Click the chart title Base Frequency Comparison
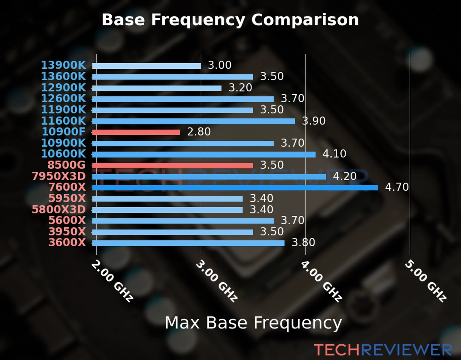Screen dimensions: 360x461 pyautogui.click(x=230, y=20)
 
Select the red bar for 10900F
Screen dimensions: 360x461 pyautogui.click(x=136, y=132)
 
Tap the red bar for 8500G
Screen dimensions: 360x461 pyautogui.click(x=172, y=166)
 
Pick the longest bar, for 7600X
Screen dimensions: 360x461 pyautogui.click(x=235, y=188)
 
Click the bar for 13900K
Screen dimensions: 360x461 pyautogui.click(x=146, y=66)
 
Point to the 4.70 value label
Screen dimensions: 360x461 pyautogui.click(x=397, y=187)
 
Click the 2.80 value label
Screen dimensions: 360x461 pyautogui.click(x=199, y=132)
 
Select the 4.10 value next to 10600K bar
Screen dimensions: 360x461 pyautogui.click(x=334, y=154)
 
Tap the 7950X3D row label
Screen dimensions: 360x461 pyautogui.click(x=59, y=176)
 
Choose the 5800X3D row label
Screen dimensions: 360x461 pyautogui.click(x=59, y=209)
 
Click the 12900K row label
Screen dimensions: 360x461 pyautogui.click(x=63, y=88)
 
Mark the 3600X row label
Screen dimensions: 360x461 pyautogui.click(x=67, y=242)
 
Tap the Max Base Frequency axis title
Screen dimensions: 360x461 pyautogui.click(x=253, y=323)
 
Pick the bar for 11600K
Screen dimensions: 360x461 pyautogui.click(x=193, y=121)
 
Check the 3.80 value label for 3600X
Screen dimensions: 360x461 pyautogui.click(x=303, y=242)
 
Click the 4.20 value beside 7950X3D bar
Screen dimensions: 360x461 pyautogui.click(x=345, y=176)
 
